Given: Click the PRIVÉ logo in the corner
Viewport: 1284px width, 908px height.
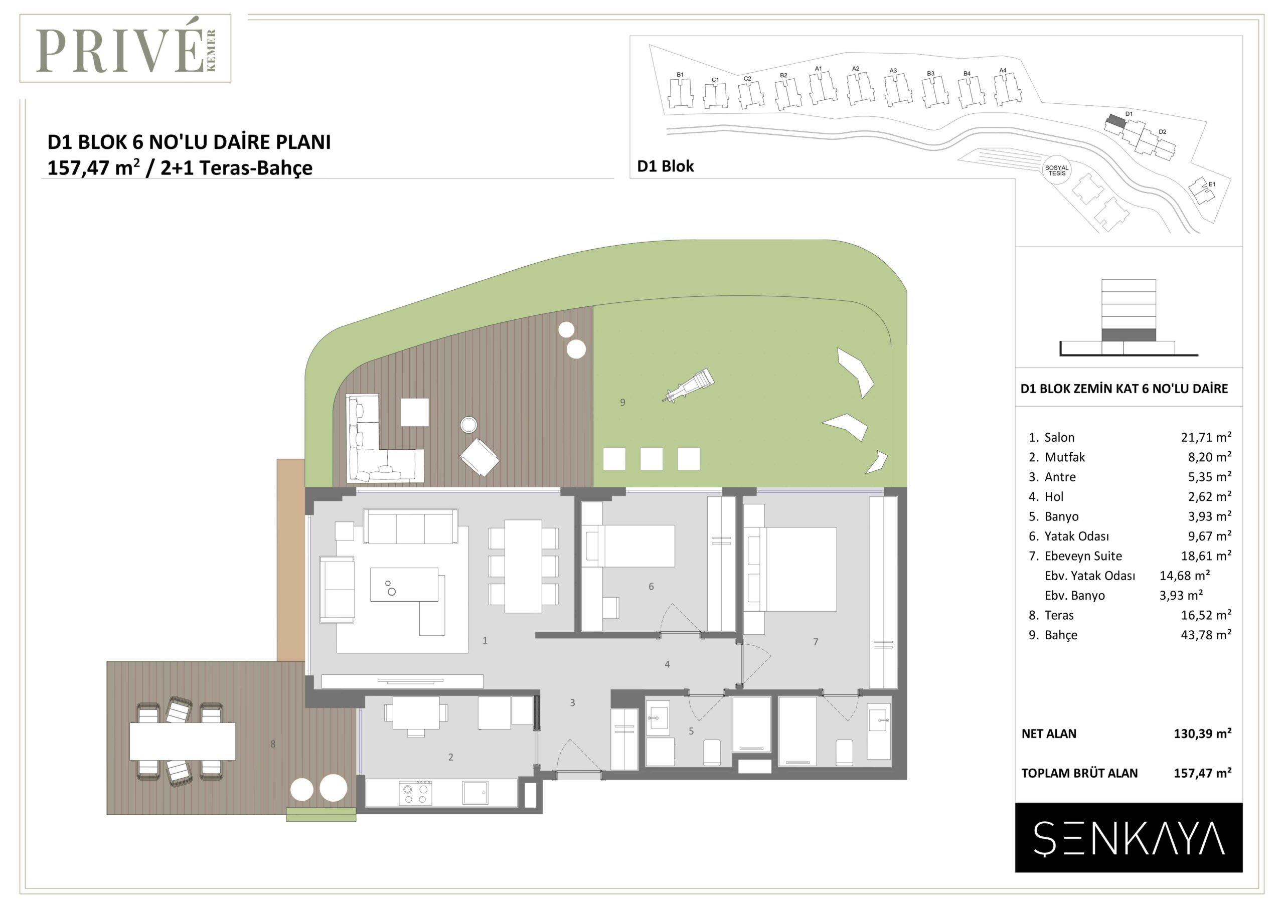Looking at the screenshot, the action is pos(125,49).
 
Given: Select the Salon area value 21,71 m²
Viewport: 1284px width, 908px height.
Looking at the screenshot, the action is pos(1206,437).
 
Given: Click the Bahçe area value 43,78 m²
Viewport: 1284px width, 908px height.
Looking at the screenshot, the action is pos(1206,635).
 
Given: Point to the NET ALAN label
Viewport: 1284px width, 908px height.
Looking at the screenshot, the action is pos(1049,734).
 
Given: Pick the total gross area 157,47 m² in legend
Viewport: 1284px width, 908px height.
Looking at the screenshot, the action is pos(1202,773).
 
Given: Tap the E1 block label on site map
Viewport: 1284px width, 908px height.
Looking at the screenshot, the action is pos(1211,184).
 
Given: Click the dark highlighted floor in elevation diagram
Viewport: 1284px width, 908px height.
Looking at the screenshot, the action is pos(1129,335).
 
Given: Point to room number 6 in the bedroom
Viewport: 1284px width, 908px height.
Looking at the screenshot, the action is pos(651,587).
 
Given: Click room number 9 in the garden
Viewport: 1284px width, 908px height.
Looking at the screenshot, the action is pos(622,402).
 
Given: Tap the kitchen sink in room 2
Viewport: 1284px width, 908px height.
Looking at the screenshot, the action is pos(475,792).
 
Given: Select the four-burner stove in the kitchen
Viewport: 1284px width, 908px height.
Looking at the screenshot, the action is pos(415,793).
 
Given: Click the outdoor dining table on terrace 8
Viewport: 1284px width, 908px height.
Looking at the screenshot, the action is pos(182,742).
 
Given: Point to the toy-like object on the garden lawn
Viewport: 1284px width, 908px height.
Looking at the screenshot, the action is pos(688,385).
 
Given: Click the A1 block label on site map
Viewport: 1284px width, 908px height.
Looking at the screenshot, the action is pos(818,69).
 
